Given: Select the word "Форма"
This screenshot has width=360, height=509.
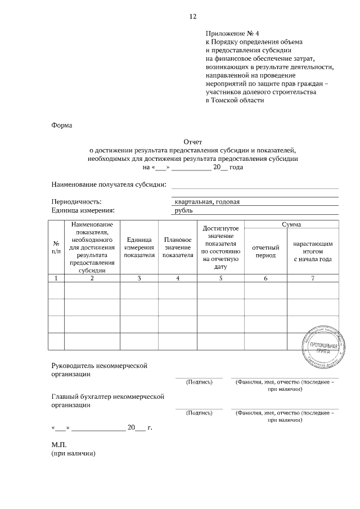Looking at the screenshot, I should tap(62, 125).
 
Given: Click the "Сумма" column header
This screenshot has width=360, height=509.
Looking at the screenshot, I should tap(291, 224).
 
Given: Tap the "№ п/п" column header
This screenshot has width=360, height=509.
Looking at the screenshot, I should tap(56, 247).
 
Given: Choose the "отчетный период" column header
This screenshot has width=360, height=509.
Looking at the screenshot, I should tap(265, 251).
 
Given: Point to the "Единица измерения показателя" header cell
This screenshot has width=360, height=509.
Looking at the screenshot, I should tap(139, 247).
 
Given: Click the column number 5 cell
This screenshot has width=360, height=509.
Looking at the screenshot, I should tap(221, 278).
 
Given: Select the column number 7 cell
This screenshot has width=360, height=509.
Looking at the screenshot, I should tap(312, 278).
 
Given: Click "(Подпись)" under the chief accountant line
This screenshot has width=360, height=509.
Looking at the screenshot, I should tap(199, 413).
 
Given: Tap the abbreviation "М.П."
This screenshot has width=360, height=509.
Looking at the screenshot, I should tap(59, 444).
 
